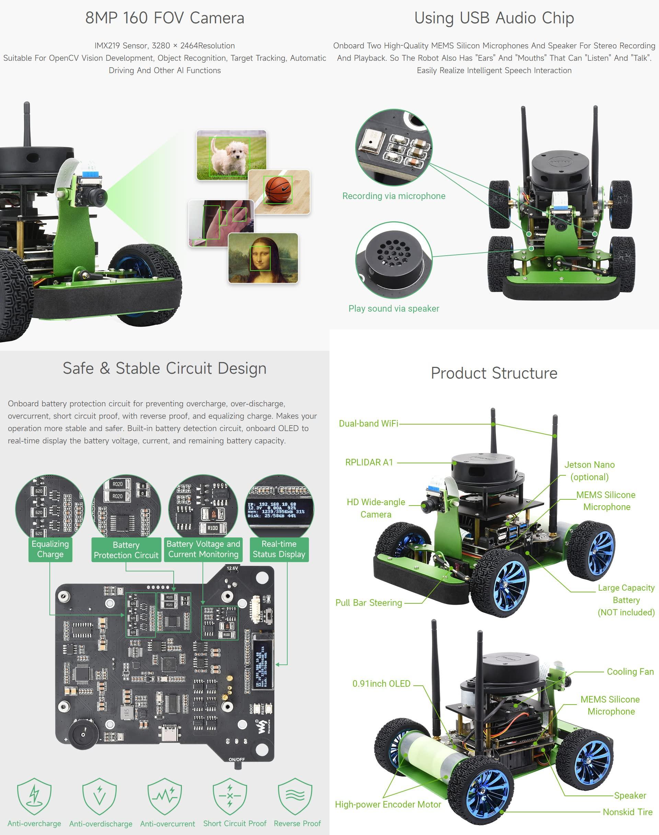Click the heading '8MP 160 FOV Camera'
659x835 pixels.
pos(165,18)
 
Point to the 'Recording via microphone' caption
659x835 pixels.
pos(394,196)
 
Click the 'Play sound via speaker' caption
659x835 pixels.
pos(394,309)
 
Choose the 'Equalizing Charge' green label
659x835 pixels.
pos(50,549)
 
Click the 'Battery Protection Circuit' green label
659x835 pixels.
pos(126,550)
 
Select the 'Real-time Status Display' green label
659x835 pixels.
pos(279,549)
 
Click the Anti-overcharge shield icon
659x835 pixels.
pos(34,797)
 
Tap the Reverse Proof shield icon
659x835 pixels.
pos(295,797)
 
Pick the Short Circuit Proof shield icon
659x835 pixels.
pos(230,797)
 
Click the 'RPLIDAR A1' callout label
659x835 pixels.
pos(369,462)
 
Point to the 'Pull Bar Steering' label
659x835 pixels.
pos(369,603)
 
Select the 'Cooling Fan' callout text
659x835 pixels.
pos(630,672)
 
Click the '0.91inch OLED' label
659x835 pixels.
pos(381,684)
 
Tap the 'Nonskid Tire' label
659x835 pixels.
pos(627,812)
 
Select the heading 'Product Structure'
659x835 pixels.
pos(494,373)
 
